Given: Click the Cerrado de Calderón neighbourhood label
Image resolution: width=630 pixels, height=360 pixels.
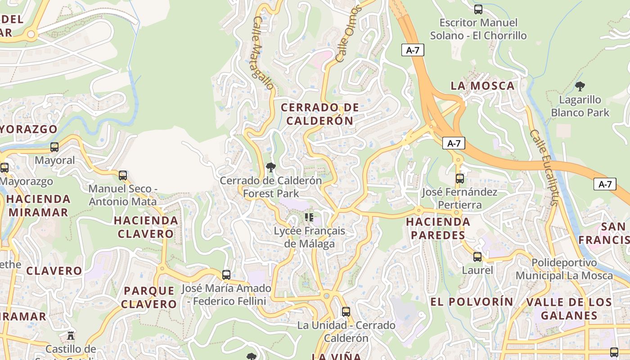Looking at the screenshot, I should click(320, 114).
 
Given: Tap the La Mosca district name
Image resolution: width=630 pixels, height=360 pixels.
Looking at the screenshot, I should click(482, 86).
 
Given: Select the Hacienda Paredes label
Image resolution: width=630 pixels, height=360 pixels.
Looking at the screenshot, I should click(438, 228).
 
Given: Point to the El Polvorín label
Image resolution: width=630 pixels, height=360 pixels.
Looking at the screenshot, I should click(472, 301).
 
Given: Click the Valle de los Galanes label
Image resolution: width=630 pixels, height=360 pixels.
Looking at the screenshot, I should click(569, 308).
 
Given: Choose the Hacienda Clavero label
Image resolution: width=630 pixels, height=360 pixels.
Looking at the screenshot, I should click(146, 227).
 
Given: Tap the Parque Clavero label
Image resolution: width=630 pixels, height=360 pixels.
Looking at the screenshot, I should click(149, 297).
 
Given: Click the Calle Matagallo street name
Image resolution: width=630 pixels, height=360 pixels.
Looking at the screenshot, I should click(263, 53).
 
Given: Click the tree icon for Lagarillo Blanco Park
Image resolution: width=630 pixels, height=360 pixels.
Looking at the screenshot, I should click(580, 86).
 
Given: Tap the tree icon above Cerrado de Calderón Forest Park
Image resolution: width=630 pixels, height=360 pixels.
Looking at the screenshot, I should click(270, 167).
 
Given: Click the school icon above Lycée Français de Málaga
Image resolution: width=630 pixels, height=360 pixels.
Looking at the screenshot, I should click(309, 218).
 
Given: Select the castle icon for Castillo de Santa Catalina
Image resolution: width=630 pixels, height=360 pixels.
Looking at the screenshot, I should click(70, 335).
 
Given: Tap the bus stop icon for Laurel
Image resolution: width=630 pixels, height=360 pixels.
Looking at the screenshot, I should click(477, 257).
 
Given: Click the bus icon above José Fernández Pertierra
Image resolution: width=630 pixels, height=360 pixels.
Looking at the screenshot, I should click(459, 179).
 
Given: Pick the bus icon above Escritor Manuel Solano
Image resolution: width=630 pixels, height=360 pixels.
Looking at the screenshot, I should click(478, 9).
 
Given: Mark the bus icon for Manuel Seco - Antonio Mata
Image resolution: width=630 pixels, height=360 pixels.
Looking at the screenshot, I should click(122, 175).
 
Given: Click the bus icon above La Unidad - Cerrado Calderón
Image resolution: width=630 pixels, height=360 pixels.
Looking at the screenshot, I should click(346, 311).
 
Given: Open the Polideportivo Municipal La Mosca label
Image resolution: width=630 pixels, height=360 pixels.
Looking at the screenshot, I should click(564, 269).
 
